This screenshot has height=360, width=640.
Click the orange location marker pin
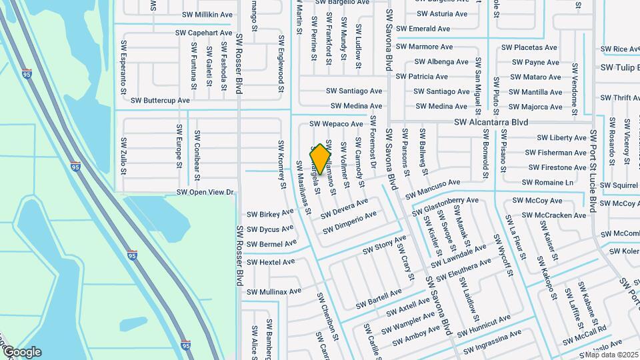pos(321,159)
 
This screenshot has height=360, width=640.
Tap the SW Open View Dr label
pos(205,193)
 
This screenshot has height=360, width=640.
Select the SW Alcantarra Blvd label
pos(491,123)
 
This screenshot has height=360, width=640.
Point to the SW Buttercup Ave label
pos(160,100)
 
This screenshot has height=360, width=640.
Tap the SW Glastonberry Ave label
pos(451,205)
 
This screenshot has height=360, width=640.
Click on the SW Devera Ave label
pos(344,208)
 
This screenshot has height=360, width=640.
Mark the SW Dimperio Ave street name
pos(349,222)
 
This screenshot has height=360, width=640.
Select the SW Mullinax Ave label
pos(275,292)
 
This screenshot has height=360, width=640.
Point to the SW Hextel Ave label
pos(271,262)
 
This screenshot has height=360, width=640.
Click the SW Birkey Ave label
pos(270,214)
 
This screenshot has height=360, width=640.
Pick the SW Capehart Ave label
pos(204,32)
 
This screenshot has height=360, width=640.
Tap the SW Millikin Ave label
pos(207,14)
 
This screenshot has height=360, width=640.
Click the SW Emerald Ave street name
pos(423,29)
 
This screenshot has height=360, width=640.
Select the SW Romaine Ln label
pos(547,182)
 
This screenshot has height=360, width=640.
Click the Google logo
pos(22,352)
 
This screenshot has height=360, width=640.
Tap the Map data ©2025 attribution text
pos(611,354)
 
